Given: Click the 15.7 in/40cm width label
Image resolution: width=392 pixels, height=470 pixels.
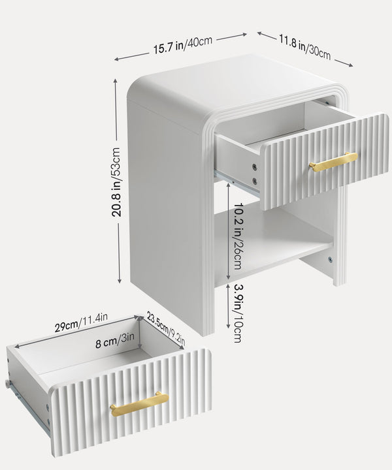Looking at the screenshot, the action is [x=183, y=45].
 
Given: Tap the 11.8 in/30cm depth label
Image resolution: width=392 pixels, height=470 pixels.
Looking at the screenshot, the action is [x=304, y=47].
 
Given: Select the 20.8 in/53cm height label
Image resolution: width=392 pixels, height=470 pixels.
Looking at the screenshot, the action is [x=116, y=182].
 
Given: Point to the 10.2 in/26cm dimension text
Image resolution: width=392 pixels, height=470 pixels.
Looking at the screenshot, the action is [x=238, y=236].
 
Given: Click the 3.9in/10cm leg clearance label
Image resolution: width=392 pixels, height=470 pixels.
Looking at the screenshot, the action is [x=237, y=313].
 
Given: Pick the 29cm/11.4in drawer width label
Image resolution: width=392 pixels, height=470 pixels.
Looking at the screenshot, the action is [x=81, y=322].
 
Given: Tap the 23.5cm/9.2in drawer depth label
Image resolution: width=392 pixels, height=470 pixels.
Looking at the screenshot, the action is [x=166, y=328].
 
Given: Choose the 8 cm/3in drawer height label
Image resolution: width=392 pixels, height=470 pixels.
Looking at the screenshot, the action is [x=115, y=340].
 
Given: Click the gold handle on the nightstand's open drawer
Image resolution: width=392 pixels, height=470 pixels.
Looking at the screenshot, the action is [x=333, y=162].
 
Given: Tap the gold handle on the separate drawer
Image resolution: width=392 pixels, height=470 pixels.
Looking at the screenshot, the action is [x=139, y=404].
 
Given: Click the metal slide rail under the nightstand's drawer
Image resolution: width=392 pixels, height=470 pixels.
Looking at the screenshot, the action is [x=237, y=183].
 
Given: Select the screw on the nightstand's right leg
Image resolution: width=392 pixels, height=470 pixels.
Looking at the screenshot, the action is [x=330, y=260].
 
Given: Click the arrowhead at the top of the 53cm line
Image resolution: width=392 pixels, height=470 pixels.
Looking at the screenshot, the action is [x=116, y=81].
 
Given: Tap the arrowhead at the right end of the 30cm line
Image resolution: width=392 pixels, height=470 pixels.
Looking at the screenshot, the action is [x=350, y=65].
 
